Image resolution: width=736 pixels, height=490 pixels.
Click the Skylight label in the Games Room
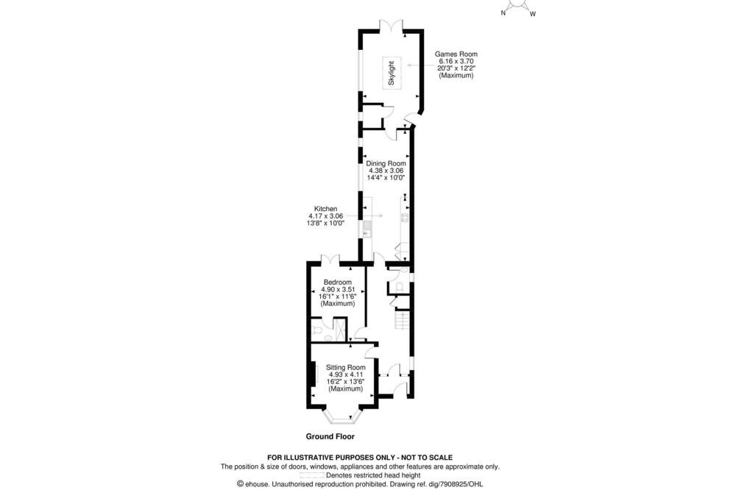pos(392,73)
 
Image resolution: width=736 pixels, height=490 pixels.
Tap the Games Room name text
pos(456,54)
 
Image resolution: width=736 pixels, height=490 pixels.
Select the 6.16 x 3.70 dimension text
pos(456,61)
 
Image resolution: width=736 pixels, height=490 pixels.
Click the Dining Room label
pos(386,163)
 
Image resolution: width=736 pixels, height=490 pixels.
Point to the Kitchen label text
pos(325,209)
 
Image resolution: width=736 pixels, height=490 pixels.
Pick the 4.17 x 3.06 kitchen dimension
pos(325,216)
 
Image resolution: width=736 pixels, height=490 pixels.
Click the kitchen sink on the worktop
pos(367,229)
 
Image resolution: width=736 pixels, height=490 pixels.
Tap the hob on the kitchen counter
pos(405,217)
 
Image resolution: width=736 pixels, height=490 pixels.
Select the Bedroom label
pos(338,282)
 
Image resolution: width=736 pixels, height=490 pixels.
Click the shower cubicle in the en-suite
pos(339,330)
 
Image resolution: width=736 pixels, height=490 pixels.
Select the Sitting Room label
pos(346,368)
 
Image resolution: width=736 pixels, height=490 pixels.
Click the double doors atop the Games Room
pos(391,25)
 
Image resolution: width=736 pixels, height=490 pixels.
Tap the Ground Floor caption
pos(330,436)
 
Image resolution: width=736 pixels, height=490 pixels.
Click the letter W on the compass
pos(533,14)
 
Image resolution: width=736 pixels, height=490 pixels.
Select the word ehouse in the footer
pos(256,484)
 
